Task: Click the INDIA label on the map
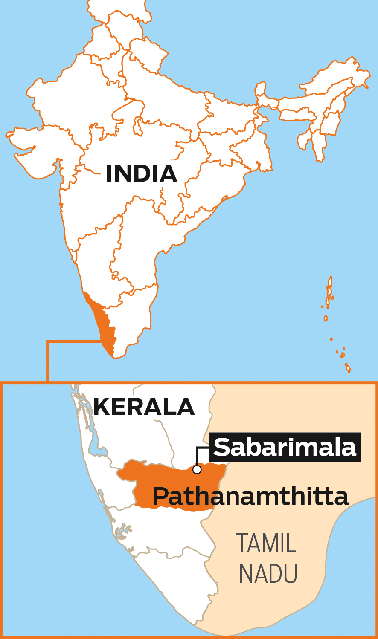pos(141,173)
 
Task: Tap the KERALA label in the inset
pos(144,407)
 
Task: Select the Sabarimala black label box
pos(285,447)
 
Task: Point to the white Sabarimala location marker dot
pos(197,469)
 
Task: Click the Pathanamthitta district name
pos(250,497)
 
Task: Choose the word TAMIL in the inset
pos(266,543)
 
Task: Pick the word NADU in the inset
pos(268,573)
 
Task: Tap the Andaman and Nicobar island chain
pos(329,294)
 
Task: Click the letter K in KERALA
pos(101,407)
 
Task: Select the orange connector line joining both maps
pos(48,360)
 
